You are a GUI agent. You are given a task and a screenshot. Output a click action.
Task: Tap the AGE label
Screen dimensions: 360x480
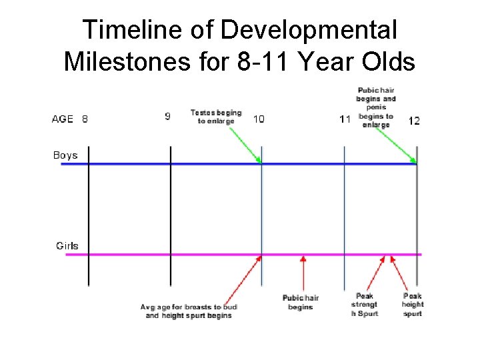(63, 119)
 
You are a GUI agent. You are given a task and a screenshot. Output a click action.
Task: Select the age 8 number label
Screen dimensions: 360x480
(85, 119)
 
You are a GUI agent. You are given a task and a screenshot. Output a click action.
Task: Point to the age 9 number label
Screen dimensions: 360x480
(167, 117)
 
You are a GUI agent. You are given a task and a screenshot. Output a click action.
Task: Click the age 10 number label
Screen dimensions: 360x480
(259, 119)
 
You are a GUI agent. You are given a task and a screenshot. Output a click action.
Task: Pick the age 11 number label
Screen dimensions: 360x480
(345, 119)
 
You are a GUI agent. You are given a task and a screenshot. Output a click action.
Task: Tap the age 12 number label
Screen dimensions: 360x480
(414, 121)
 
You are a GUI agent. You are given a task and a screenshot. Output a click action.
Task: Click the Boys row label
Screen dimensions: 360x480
(65, 155)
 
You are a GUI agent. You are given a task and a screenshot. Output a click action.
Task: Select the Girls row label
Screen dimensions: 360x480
(67, 245)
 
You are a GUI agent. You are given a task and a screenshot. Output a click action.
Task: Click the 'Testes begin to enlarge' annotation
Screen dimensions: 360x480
(216, 117)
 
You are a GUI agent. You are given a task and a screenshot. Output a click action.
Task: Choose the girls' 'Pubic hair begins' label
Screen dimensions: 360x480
(301, 302)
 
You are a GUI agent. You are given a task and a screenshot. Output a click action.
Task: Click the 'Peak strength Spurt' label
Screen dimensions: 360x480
(364, 305)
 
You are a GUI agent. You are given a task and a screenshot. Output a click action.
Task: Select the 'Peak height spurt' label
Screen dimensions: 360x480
(413, 305)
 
